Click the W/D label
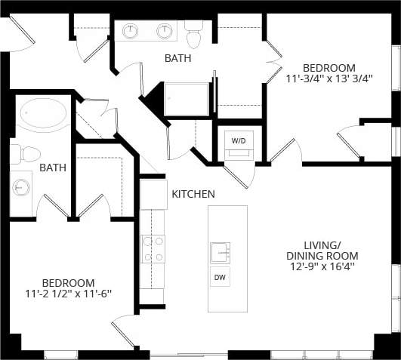238,140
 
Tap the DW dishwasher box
220,278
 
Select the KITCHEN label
193,194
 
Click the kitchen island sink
220,251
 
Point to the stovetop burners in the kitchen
153,249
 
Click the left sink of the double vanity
132,31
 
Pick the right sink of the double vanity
165,31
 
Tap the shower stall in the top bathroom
187,99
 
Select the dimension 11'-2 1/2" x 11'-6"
68,294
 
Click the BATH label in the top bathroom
178,58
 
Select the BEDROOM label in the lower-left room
68,282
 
